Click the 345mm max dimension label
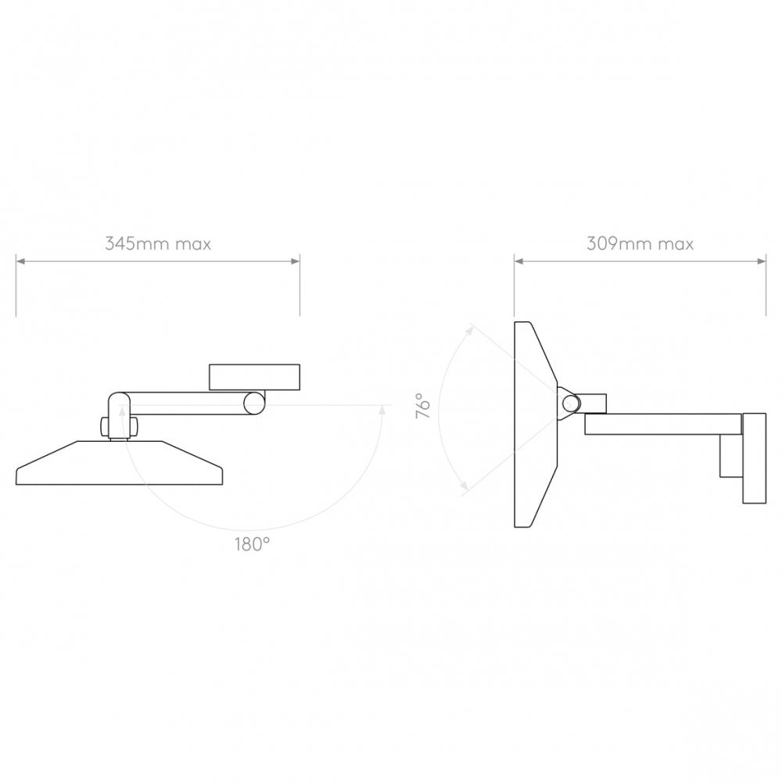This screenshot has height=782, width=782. click(158, 244)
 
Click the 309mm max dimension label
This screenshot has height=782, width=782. click(640, 244)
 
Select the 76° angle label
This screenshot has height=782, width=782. click(423, 407)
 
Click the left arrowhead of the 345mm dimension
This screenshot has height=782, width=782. click(20, 261)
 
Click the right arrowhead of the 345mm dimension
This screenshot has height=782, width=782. click(296, 261)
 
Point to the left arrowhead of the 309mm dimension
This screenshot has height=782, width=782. click(518, 261)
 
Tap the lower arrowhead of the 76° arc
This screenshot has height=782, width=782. click(466, 489)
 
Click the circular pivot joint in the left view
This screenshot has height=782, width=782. click(254, 403)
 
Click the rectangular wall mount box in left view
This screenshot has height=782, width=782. click(254, 377)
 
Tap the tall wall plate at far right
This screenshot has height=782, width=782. click(755, 458)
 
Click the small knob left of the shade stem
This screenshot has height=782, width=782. click(102, 427)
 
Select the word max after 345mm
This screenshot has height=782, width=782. click(192, 244)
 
